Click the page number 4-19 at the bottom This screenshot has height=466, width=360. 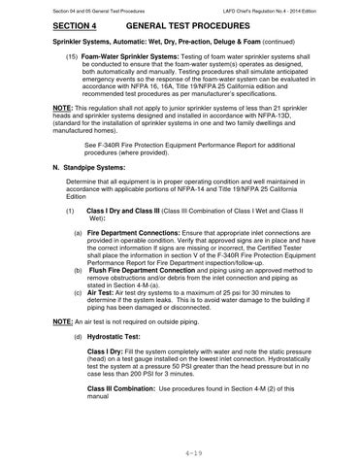coord(180,452)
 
